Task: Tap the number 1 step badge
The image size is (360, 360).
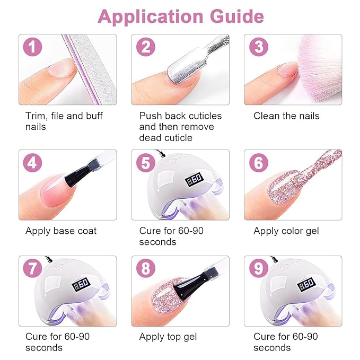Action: pyautogui.click(x=32, y=48)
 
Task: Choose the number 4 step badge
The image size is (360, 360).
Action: pyautogui.click(x=32, y=163)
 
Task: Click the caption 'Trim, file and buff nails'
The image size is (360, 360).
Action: pyautogui.click(x=64, y=121)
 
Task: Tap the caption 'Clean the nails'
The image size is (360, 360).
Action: pyautogui.click(x=286, y=116)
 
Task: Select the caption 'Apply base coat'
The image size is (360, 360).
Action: pyautogui.click(x=61, y=231)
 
